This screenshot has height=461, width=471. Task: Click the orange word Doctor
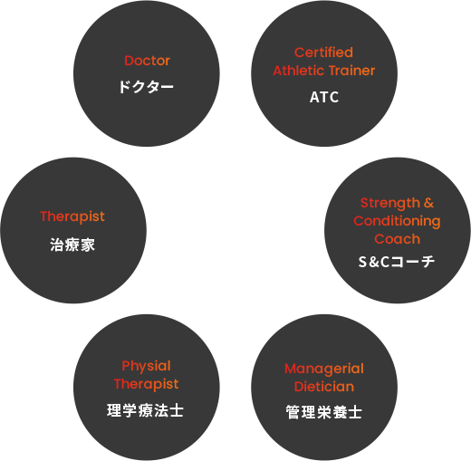147,61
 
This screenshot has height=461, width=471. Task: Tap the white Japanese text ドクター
146,87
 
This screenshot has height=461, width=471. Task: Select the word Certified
323,53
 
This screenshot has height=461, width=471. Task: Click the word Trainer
351,71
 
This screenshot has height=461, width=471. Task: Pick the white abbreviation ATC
324,97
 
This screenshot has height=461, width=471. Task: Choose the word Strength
390,204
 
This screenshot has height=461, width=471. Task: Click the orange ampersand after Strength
428,203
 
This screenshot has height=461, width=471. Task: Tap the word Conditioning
397,222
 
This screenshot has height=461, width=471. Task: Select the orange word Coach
397,239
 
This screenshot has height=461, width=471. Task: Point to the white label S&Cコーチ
397,262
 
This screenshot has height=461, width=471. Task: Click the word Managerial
324,369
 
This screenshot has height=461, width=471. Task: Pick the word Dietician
324,387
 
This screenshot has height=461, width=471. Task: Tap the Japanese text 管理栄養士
324,412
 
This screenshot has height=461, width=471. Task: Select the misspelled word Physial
146,367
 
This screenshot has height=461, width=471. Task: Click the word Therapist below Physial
146,384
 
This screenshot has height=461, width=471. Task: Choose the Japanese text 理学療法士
145,410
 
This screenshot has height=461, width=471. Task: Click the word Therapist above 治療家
72,216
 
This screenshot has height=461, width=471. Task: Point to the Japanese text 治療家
72,245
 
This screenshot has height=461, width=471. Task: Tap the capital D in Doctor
129,61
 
